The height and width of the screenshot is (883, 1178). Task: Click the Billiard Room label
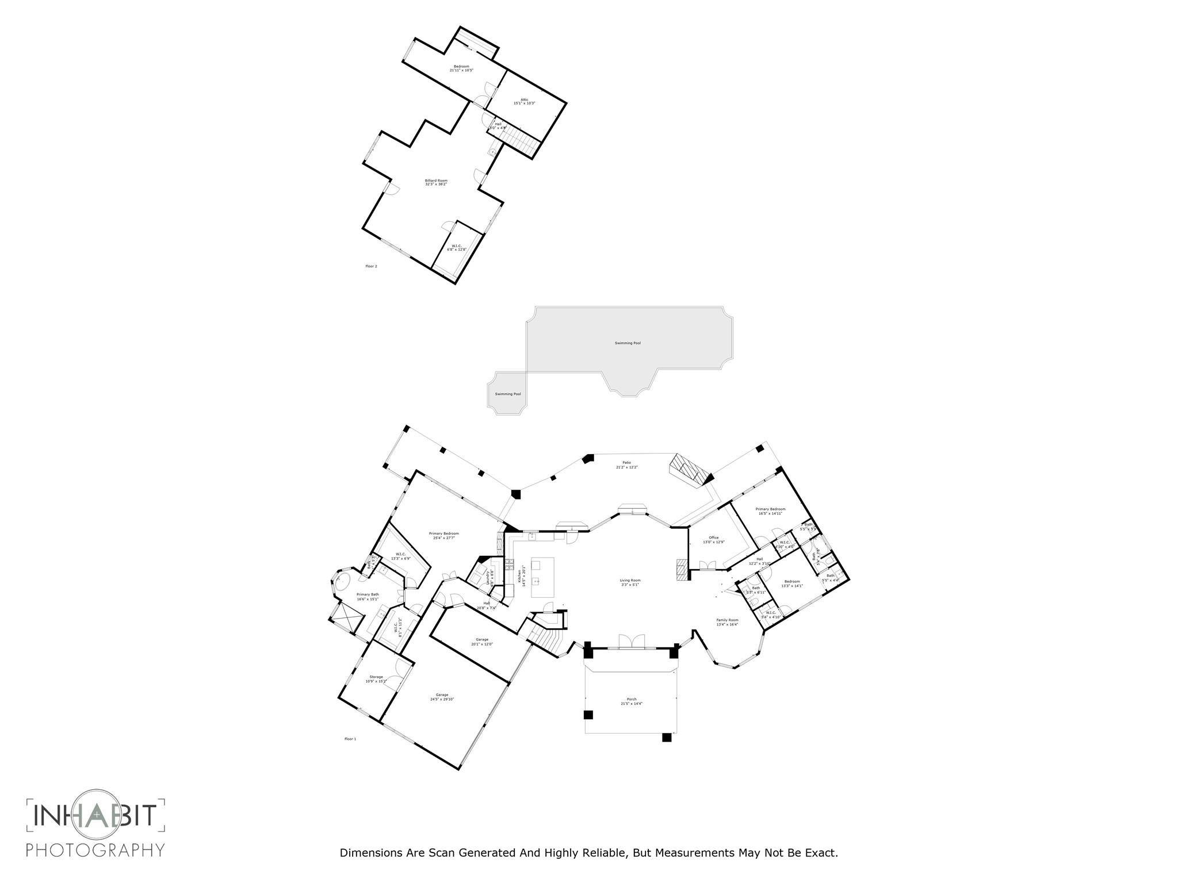(436, 182)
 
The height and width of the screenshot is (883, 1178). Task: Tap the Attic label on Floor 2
(525, 101)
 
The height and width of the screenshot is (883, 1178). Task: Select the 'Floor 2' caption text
(371, 266)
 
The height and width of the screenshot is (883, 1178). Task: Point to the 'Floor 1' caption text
(350, 739)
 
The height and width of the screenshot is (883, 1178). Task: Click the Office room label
(714, 540)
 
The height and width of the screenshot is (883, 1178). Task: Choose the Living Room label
(630, 582)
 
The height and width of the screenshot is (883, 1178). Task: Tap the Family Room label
(727, 622)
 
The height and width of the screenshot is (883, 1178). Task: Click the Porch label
(632, 701)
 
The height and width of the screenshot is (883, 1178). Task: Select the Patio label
(627, 464)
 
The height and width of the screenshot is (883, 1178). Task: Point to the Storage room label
(376, 679)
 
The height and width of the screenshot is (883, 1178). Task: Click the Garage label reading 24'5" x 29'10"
(442, 697)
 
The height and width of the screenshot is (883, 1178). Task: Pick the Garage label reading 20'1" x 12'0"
(482, 642)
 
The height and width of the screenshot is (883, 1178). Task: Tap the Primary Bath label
(368, 596)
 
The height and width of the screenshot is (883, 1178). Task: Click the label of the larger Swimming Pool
(628, 343)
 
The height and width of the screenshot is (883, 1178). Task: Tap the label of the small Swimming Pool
(508, 394)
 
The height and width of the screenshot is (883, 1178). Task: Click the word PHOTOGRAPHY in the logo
(95, 850)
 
